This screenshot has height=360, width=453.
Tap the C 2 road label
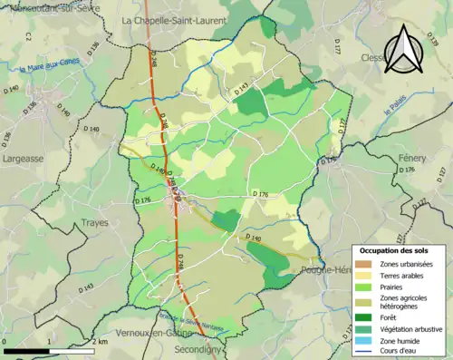[28, 37]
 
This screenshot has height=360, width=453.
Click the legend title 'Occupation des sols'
[395, 249]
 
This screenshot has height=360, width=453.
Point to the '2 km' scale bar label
[101, 342]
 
